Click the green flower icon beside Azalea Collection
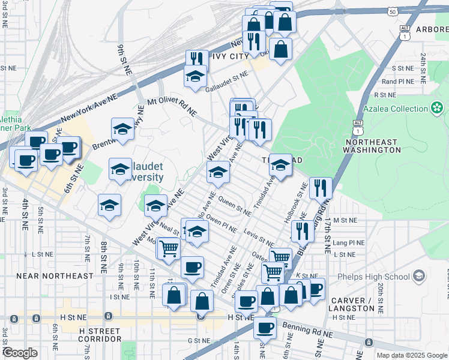pyautogui.click(x=437, y=108)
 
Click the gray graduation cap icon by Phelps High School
pyautogui.click(x=419, y=277)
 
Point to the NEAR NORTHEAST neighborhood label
pyautogui.click(x=55, y=276)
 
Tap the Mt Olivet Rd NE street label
pyautogui.click(x=172, y=106)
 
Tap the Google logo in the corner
pyautogui.click(x=20, y=352)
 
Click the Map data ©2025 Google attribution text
pyautogui.click(x=411, y=355)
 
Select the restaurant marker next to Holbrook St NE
pyautogui.click(x=321, y=188)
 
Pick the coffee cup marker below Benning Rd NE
pyautogui.click(x=265, y=327)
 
